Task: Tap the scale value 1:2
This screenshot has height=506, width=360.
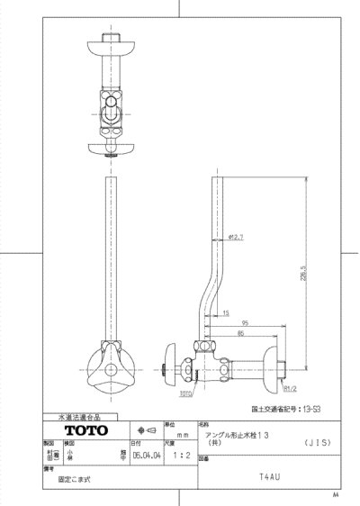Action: pos(184,455)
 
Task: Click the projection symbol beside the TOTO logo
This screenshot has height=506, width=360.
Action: pos(144,430)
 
